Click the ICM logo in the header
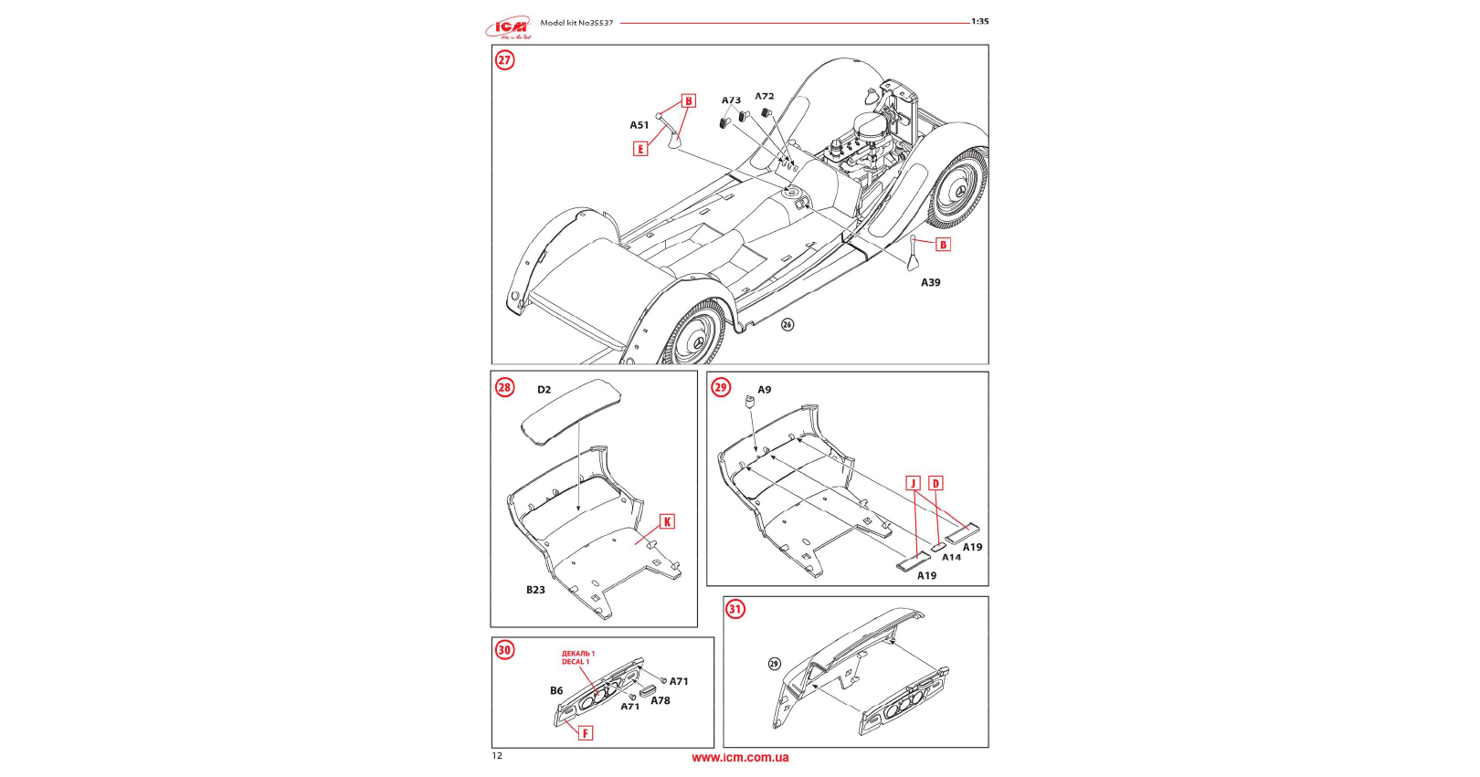tap(509, 27)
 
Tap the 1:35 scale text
tap(979, 21)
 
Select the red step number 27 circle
tap(504, 60)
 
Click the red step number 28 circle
tap(504, 387)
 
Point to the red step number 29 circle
tap(721, 387)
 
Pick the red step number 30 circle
tap(504, 649)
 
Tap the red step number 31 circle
tap(735, 609)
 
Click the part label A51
tap(639, 125)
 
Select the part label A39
tap(930, 282)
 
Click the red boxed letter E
tap(640, 149)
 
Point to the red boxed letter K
tap(667, 521)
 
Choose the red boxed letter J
tap(913, 483)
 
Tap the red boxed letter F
tap(586, 732)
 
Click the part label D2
tap(544, 390)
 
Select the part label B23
tap(535, 590)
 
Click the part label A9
tap(764, 390)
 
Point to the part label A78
tap(660, 700)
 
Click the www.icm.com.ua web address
tap(740, 757)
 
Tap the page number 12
tap(497, 755)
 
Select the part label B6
tap(556, 690)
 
